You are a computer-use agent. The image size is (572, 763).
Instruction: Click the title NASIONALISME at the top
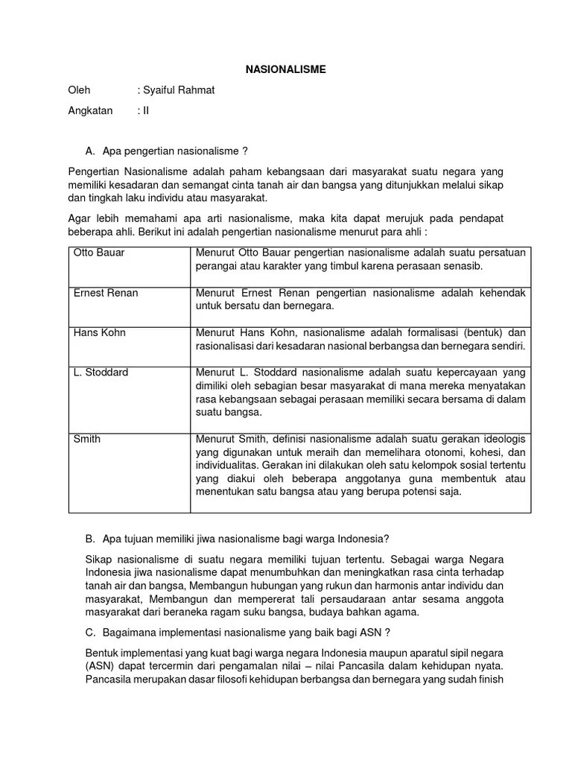(286, 69)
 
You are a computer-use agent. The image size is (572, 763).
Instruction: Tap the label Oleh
(79, 90)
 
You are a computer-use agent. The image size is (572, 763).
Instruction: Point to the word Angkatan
(90, 111)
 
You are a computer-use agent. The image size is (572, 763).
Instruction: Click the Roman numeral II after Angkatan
(146, 111)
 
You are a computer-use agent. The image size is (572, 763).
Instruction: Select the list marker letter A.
(90, 151)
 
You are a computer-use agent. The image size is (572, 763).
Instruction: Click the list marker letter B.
(90, 539)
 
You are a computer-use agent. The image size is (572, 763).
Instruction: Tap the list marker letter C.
(90, 633)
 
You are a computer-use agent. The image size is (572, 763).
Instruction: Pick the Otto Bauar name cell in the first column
(99, 253)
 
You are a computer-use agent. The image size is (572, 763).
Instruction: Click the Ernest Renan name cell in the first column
(105, 293)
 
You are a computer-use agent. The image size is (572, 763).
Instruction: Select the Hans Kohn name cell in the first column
(99, 332)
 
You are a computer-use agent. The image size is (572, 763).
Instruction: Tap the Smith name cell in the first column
(86, 439)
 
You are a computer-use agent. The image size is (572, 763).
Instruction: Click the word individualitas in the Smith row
(229, 465)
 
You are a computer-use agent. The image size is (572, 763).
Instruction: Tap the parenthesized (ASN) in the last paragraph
(83, 666)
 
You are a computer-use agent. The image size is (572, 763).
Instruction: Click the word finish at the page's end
(489, 680)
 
